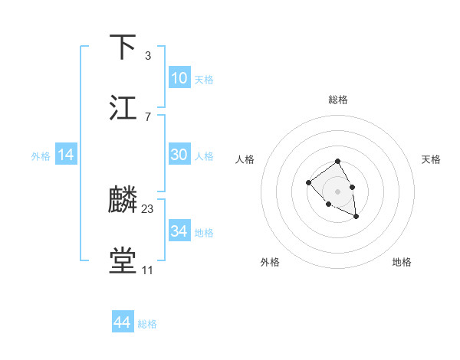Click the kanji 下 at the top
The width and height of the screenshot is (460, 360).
[x=123, y=47]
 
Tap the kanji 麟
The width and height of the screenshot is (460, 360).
[x=123, y=201]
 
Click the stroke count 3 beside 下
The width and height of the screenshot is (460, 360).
[x=147, y=56]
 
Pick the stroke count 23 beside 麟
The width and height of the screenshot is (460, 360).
[x=148, y=209]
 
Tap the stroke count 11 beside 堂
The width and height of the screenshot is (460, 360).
[x=147, y=270]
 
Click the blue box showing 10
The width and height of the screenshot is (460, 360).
[x=179, y=78]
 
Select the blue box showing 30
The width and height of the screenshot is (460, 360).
[x=179, y=155]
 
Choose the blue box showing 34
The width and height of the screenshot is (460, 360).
[x=179, y=231]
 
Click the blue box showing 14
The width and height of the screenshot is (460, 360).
[x=66, y=155]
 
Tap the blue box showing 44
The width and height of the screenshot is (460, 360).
[x=123, y=322]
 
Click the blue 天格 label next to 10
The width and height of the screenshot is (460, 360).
[x=204, y=80]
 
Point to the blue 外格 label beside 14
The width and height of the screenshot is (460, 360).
[x=41, y=156]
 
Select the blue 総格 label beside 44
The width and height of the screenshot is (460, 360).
[x=147, y=324]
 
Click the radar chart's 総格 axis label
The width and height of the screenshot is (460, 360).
[x=338, y=100]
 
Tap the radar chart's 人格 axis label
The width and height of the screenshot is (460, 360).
[x=245, y=159]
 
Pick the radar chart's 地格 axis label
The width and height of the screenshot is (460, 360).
[x=402, y=262]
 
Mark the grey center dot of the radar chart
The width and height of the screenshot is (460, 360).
[x=338, y=191]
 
